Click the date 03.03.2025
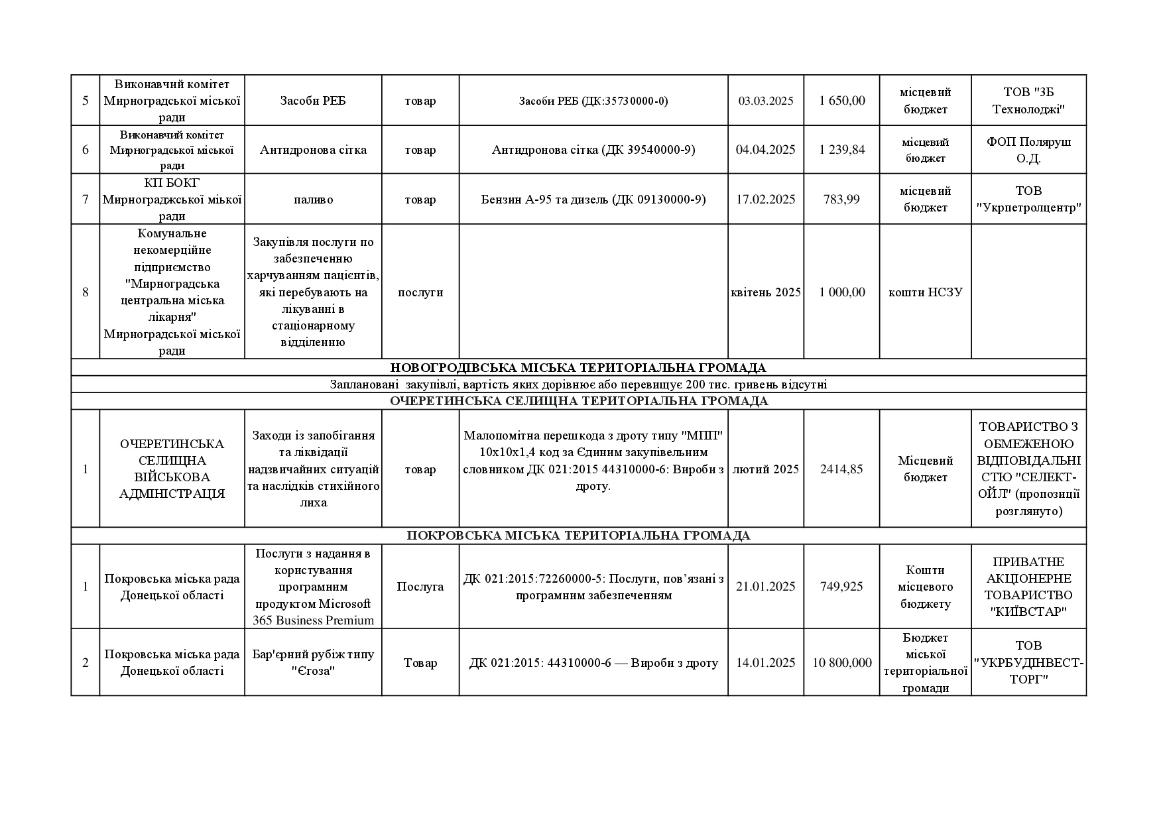tap(765, 101)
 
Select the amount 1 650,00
tap(841, 101)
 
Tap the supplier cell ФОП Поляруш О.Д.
tap(1028, 150)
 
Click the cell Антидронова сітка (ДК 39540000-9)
tap(593, 150)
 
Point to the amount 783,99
tap(841, 200)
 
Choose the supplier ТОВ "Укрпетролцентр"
tap(1028, 200)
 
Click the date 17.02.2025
tap(765, 200)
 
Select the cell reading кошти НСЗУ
tap(925, 292)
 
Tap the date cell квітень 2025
tap(765, 292)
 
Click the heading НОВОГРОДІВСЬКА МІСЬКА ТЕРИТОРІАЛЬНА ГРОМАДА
tap(578, 368)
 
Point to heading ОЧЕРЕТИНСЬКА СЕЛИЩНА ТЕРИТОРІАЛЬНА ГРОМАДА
tap(578, 402)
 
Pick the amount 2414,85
tap(841, 469)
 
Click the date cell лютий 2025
tap(765, 469)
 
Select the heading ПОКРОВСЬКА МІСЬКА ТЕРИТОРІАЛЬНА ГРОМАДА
tap(578, 536)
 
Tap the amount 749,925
tap(841, 587)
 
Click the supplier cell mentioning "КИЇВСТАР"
tap(1028, 587)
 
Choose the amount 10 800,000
tap(841, 663)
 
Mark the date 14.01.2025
tap(765, 663)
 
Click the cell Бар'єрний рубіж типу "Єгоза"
tap(313, 663)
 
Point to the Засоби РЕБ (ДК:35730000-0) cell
tap(593, 101)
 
